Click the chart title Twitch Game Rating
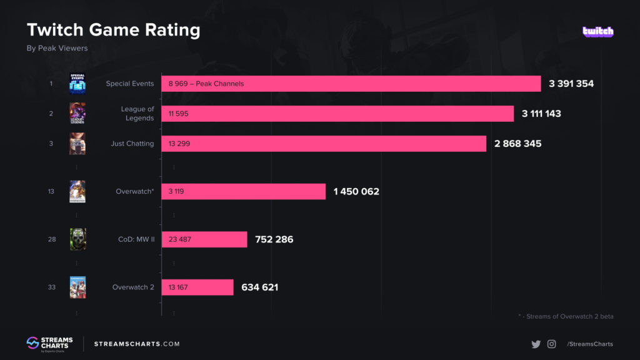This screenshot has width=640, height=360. (113, 29)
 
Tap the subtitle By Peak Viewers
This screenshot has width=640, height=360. (57, 48)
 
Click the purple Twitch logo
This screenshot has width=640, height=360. (597, 31)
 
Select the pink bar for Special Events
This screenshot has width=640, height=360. (351, 84)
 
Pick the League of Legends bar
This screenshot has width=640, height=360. (337, 114)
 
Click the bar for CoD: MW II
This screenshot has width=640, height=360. (204, 239)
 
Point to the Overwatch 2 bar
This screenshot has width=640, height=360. (197, 287)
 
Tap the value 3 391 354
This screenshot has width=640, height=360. (571, 84)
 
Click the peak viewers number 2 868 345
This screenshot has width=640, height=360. (517, 144)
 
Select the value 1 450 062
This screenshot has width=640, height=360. (356, 191)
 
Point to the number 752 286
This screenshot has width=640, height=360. (274, 239)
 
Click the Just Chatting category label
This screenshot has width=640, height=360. (132, 144)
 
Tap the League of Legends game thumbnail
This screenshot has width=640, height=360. (77, 114)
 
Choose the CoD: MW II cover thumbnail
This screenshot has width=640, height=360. (77, 239)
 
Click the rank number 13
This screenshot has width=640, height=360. (51, 191)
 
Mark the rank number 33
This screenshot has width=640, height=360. (51, 287)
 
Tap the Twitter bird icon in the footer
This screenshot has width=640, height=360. (536, 344)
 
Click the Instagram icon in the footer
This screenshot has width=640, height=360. (551, 344)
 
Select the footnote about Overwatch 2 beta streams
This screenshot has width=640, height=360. (566, 316)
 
